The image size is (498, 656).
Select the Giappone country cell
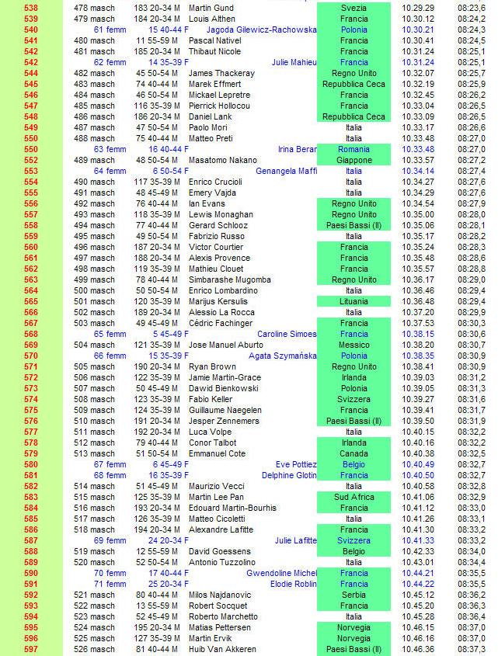coord(353,160)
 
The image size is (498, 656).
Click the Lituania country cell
coord(353,301)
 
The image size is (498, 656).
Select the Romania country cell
coord(353,149)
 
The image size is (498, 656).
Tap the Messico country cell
coord(353,345)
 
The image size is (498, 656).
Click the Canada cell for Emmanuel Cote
coord(353,453)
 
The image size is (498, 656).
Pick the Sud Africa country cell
coord(353,497)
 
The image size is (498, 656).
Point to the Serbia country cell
coord(353,595)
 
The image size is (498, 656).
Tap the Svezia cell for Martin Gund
coord(353,8)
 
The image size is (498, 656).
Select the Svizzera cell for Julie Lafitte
coord(353,540)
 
